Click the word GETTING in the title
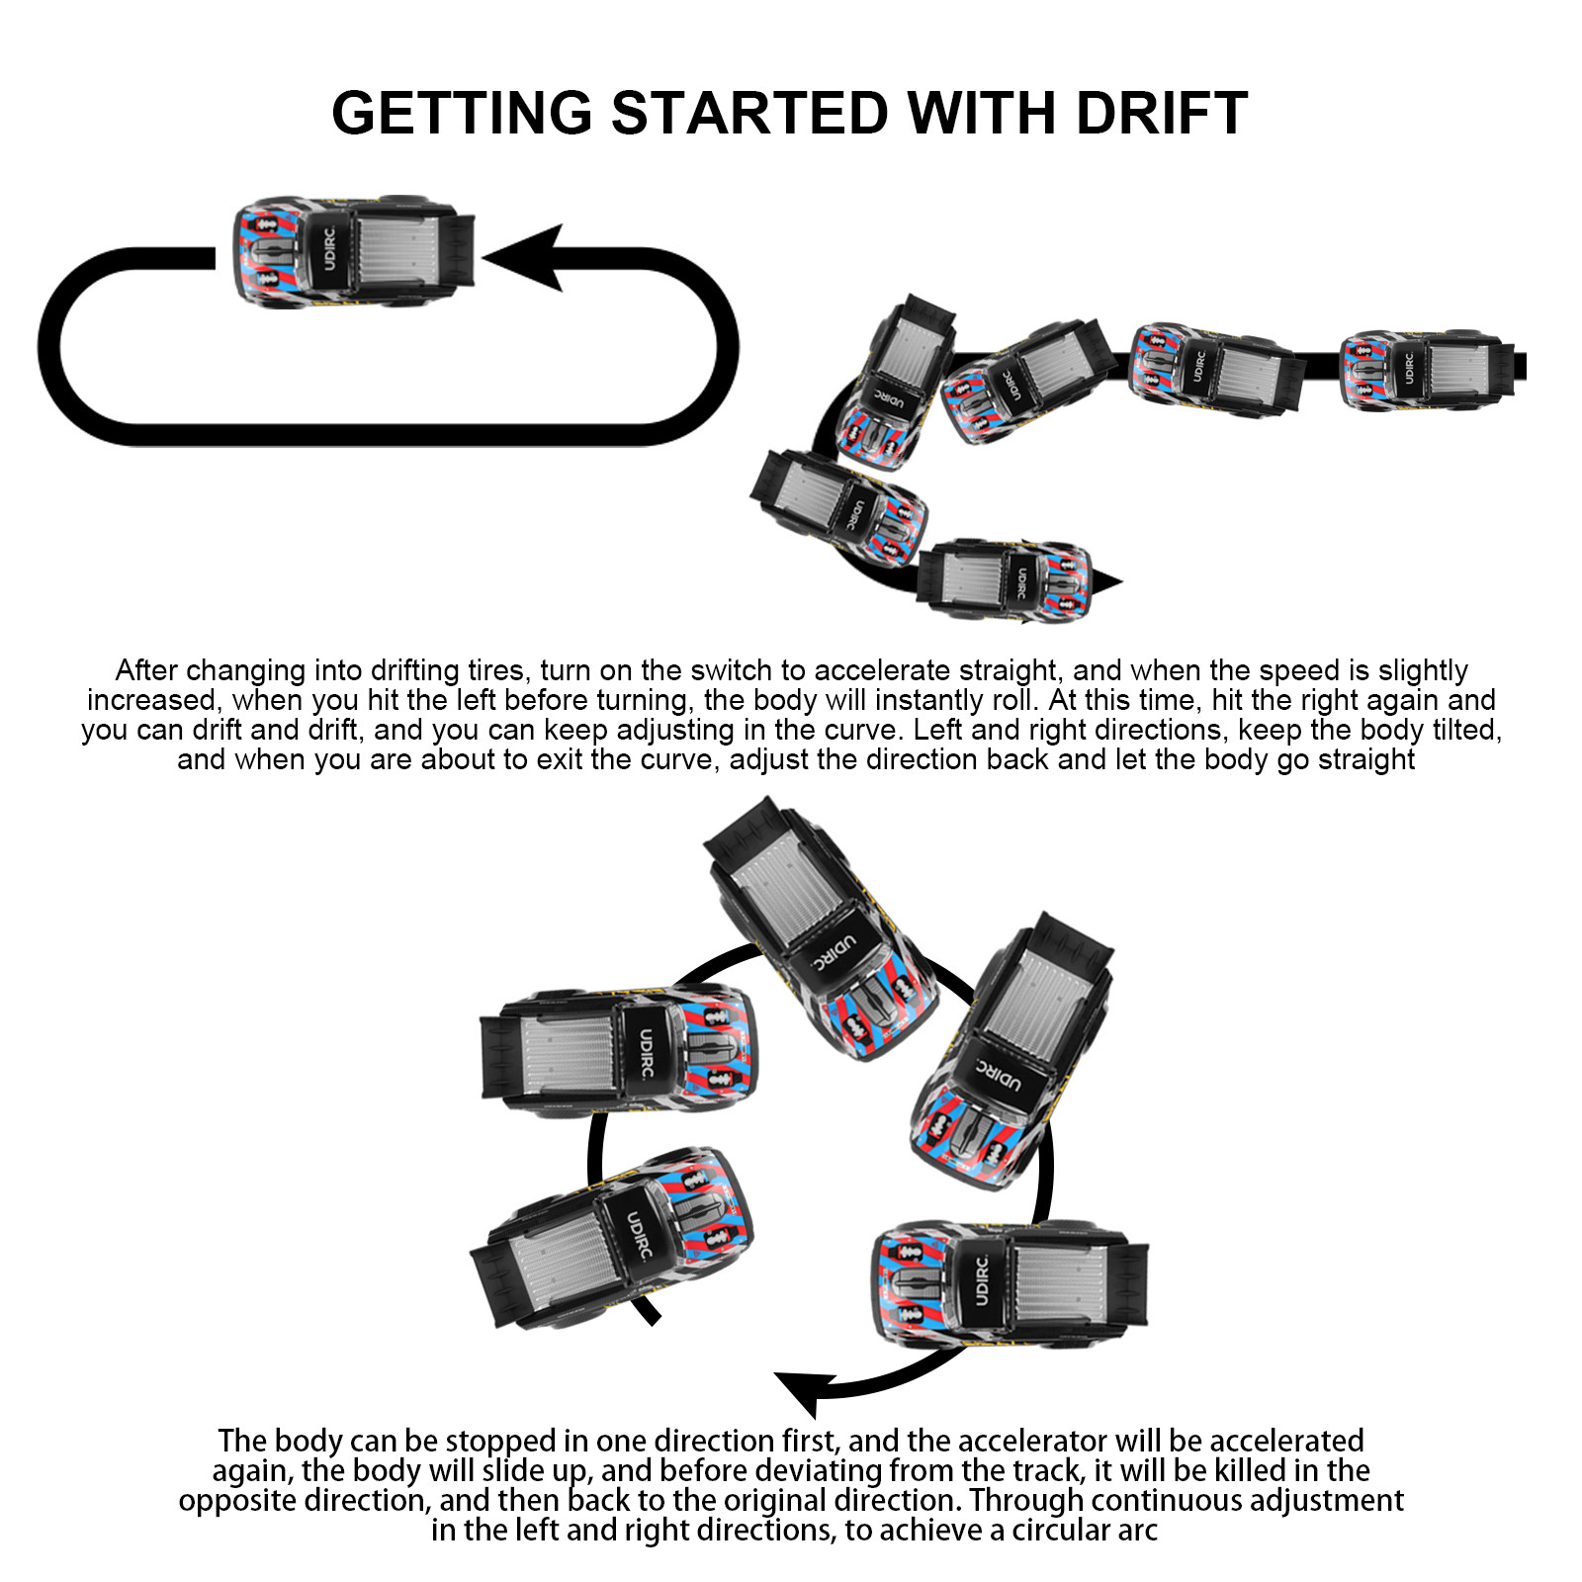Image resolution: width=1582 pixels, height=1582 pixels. pos(462,113)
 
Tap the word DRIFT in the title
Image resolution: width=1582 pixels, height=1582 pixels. pos(1162,113)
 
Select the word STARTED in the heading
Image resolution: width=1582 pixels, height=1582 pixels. pos(750,113)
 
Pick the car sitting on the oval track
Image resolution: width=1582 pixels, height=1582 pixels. pos(354,252)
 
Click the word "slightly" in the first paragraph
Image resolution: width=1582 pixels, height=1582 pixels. pos(1423,670)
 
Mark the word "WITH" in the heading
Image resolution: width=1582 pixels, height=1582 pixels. pos(983,113)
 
